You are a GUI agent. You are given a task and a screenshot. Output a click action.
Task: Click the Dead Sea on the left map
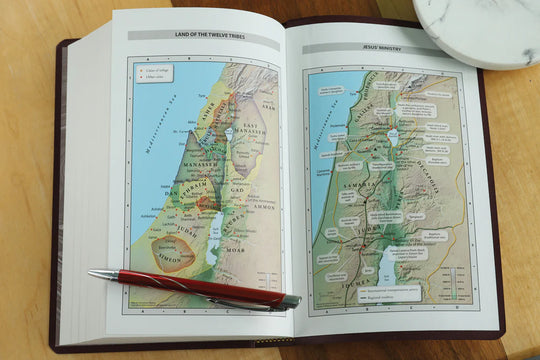(213, 243)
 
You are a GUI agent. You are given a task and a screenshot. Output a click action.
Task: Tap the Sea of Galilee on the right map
(392, 136)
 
